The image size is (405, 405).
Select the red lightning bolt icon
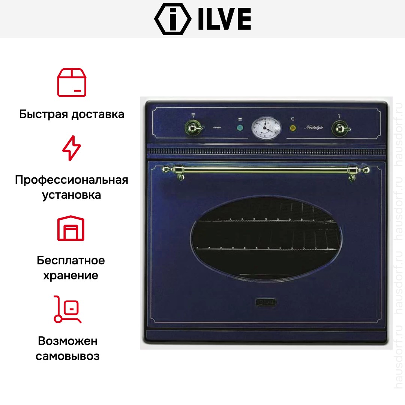tap(71, 148)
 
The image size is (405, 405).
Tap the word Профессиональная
tap(72, 180)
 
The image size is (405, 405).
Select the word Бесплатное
tap(71, 260)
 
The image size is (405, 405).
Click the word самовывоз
tap(68, 356)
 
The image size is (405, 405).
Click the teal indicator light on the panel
tap(240, 128)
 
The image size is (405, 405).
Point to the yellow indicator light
tap(292, 128)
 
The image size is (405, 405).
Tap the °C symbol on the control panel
tap(292, 119)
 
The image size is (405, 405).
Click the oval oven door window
tap(266, 239)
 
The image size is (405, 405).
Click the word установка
tap(71, 195)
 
